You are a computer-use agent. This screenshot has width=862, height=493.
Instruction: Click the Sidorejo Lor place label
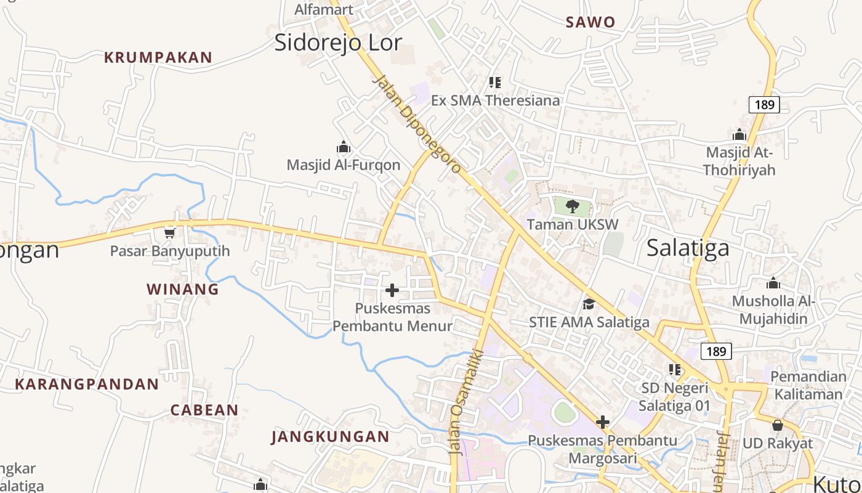pos(338,43)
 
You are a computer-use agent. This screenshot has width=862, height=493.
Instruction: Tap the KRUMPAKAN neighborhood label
pos(158,58)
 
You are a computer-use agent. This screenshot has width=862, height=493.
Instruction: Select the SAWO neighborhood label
pos(590,23)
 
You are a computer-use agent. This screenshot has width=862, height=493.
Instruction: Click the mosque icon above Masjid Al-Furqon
pos(343,147)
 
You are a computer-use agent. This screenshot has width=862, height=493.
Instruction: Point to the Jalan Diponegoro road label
pos(417,124)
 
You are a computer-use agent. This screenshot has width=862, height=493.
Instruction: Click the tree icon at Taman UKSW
pos(573,206)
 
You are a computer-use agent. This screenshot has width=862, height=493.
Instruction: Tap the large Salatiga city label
pos(688,248)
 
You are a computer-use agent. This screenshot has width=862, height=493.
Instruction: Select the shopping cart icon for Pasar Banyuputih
pos(169,233)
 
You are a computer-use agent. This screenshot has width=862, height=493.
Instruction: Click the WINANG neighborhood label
pos(182,289)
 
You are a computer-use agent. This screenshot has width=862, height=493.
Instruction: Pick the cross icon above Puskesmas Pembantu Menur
pos(392,290)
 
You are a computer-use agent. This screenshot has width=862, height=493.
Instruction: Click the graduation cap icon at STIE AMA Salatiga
pos(589,304)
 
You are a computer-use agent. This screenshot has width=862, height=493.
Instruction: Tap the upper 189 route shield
pos(764,105)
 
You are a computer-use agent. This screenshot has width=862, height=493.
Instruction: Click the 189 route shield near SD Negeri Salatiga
pos(715,351)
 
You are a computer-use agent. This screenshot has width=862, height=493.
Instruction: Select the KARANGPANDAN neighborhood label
pos(87,385)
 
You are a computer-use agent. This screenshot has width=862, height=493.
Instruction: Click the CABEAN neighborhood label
pos(204,410)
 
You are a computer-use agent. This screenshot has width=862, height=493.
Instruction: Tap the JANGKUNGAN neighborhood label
pos(330,437)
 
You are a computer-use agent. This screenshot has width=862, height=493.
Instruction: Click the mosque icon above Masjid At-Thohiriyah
pos(739,134)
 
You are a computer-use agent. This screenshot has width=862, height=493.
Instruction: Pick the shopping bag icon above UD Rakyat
pos(777,425)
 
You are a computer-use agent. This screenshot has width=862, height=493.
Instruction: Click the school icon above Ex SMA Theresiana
pos(494,82)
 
